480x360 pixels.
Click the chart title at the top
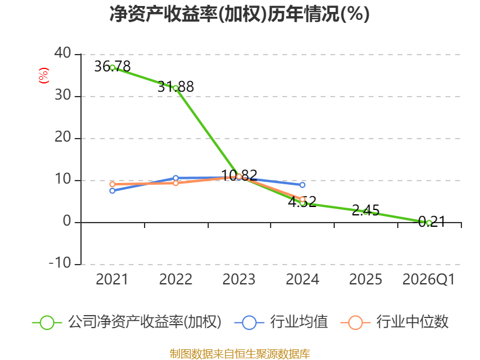239,14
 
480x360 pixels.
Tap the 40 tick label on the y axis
63,53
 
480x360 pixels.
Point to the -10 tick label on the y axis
60,263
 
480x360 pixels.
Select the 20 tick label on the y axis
63,137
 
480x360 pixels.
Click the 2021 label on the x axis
112,279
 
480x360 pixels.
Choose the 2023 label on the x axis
239,279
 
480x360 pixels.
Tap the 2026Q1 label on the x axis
428,279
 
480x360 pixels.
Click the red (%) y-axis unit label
43,76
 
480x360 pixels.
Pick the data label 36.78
112,67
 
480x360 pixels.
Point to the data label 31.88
176,86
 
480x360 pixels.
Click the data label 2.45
365,211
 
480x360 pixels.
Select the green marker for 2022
176,88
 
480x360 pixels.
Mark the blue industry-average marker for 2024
302,185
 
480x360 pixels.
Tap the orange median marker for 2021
112,184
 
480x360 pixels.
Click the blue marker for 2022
176,178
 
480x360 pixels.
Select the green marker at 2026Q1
429,223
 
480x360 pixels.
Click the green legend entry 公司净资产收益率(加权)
127,322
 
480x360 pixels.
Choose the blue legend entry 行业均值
281,322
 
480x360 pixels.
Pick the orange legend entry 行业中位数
394,322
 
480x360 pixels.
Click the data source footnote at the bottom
240,353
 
